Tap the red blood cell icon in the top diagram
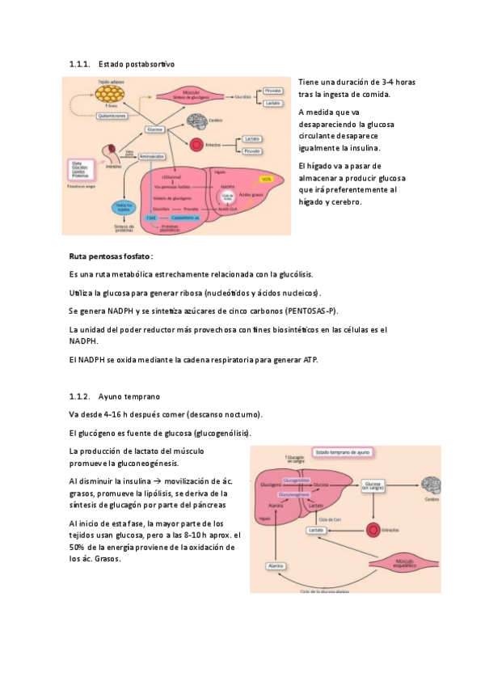pyautogui.click(x=197, y=146)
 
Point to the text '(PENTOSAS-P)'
pyautogui.click(x=311, y=311)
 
